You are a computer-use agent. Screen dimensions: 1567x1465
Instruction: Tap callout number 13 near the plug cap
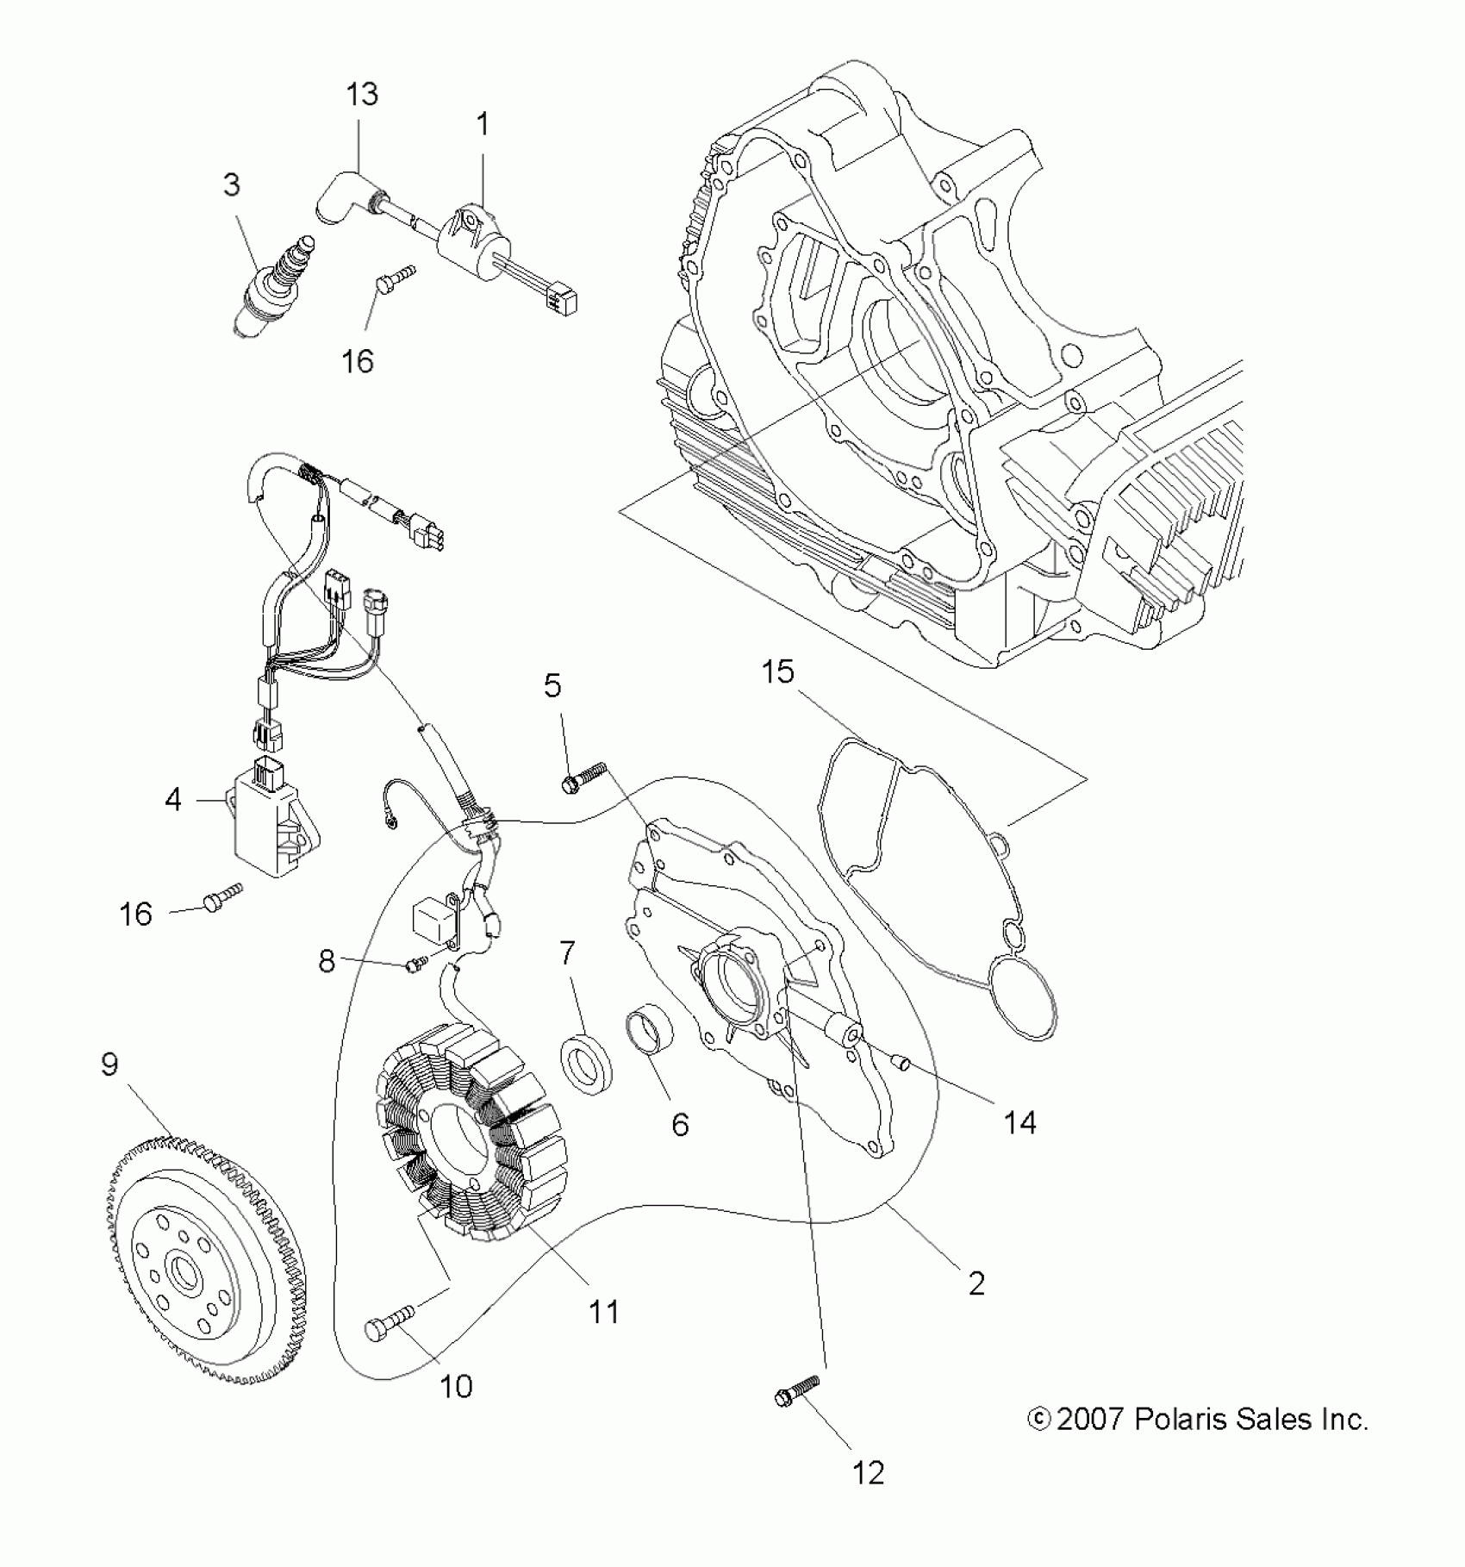tap(362, 94)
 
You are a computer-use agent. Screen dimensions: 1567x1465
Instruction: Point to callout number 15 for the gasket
tap(777, 671)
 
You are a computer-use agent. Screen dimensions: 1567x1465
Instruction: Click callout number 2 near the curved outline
tap(976, 1308)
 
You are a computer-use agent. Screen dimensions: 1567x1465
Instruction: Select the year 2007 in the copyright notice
tap(1089, 1420)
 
